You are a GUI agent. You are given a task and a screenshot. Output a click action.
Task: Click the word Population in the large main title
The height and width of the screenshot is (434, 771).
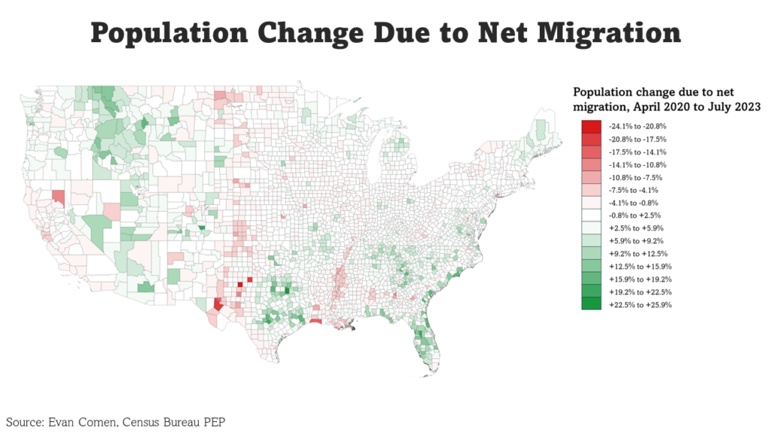click(x=167, y=34)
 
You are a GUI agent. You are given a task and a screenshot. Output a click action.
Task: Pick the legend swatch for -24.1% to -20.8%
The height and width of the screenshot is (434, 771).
click(x=591, y=127)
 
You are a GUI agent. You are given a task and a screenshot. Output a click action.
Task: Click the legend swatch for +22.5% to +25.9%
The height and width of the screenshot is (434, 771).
click(x=591, y=304)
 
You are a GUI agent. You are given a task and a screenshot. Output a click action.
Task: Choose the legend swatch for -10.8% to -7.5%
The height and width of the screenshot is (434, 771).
click(x=591, y=177)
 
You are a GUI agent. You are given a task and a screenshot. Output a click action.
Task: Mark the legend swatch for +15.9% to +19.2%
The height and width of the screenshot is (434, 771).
click(x=591, y=279)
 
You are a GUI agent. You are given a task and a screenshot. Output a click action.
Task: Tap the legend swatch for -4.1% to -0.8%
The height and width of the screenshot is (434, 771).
click(x=591, y=203)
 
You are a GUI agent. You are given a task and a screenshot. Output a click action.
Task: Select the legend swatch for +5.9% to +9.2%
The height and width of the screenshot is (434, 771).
click(x=591, y=241)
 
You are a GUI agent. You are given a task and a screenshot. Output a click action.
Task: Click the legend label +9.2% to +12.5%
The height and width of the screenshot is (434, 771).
click(x=640, y=254)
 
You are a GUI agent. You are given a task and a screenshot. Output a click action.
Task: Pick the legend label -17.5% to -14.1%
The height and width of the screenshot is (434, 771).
click(x=640, y=152)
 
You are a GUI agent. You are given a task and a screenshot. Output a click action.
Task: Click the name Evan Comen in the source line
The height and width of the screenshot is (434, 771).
click(x=86, y=420)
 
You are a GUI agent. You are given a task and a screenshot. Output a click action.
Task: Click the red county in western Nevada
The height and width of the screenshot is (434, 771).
click(x=58, y=198)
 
